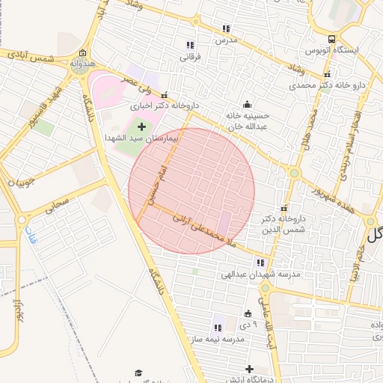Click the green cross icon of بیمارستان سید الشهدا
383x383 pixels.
coord(141,127)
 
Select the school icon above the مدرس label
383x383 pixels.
coord(225,28)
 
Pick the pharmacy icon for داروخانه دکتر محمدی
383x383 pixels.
coord(327,74)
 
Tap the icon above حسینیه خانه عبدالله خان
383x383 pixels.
coord(248,104)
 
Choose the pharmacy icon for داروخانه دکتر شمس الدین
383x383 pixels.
coord(284,209)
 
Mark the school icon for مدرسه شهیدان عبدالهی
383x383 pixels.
coord(260,263)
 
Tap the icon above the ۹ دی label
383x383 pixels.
coord(248,313)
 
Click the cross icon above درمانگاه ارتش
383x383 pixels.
coord(249,369)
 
